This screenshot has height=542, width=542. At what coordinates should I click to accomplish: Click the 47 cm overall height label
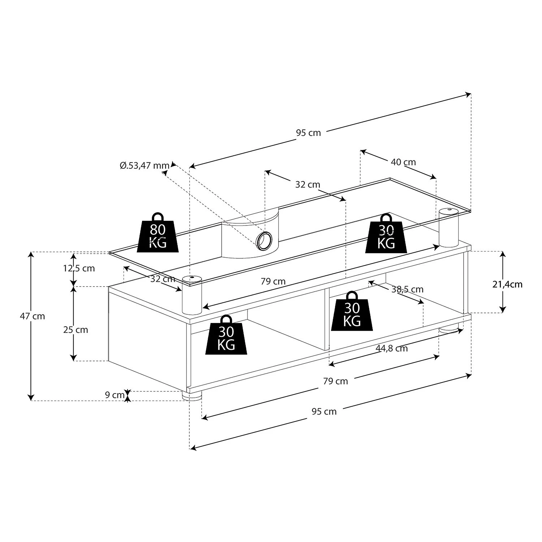point(33,316)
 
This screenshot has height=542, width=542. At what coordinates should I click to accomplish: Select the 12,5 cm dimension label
point(79,268)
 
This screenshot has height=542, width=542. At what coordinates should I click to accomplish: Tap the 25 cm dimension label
point(76,330)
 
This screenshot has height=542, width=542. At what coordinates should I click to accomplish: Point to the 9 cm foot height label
point(115,395)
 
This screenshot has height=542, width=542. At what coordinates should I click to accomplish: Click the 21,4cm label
point(507,284)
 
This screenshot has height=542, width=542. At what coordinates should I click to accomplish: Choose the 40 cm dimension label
point(403,162)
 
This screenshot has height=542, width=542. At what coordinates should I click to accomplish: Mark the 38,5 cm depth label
point(407,289)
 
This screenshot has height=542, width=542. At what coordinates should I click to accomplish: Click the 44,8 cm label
point(392,348)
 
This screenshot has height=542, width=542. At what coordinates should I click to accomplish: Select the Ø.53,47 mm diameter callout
point(145,166)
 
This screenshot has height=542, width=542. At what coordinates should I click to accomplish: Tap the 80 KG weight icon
point(158,233)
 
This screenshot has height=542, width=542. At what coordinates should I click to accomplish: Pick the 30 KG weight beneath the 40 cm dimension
point(386,234)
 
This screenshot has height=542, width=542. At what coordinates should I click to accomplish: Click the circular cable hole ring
point(263,241)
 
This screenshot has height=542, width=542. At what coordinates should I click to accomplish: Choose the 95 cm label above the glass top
point(309,133)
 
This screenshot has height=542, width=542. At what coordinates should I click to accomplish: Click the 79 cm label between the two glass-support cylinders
point(273,281)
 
